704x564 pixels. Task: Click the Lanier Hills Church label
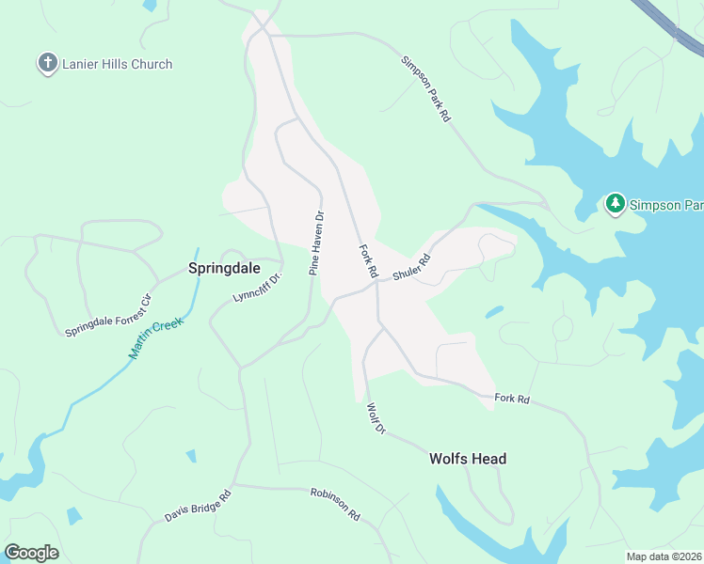(118, 64)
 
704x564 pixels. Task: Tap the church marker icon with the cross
(47, 64)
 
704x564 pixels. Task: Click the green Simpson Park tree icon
(616, 203)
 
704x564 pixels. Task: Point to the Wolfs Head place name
(468, 459)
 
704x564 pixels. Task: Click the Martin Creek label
(156, 338)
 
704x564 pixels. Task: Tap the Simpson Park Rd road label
(426, 90)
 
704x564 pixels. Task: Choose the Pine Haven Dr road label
(316, 243)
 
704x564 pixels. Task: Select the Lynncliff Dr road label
(257, 288)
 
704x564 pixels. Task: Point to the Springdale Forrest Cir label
(108, 316)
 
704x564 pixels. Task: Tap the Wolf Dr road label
(376, 417)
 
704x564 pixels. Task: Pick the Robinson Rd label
(335, 504)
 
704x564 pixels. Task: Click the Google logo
(31, 553)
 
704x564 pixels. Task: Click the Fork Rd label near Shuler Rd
(368, 260)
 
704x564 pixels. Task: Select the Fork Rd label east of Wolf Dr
(512, 399)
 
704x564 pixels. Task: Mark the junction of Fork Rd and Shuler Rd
(376, 284)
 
